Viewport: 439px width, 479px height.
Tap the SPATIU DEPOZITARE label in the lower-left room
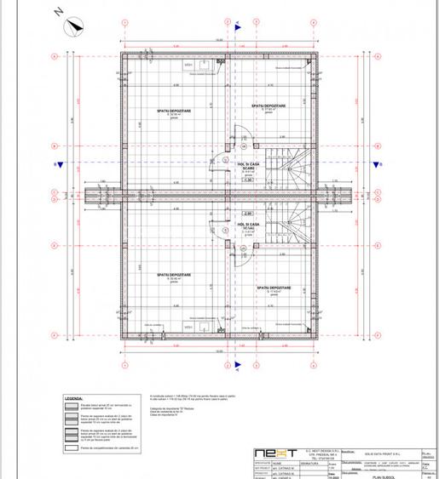(x=173, y=275)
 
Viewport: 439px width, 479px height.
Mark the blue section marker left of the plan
(x=55, y=163)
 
